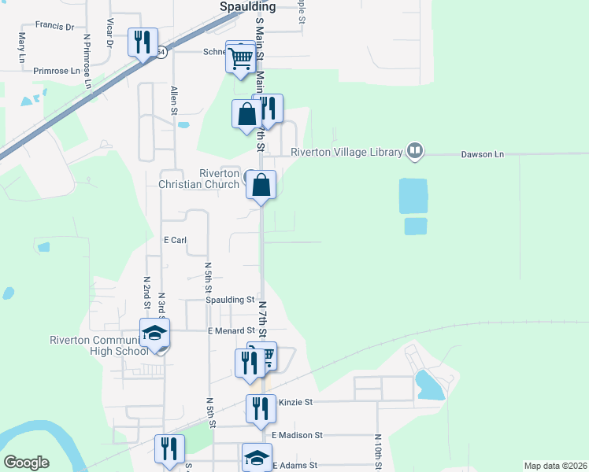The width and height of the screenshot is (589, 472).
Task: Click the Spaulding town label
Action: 246,6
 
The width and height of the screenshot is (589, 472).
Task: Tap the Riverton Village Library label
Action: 346,152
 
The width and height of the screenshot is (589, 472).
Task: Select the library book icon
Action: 415,151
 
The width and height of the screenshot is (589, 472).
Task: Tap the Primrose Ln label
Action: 57,70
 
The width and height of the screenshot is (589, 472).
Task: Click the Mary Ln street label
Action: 21,47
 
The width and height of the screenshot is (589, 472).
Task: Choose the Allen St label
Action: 172,101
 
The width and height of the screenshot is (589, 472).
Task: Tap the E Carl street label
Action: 174,240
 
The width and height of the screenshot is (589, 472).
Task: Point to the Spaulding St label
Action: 230,300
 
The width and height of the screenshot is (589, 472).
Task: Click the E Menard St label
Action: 232,331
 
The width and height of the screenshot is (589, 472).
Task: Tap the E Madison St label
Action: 297,434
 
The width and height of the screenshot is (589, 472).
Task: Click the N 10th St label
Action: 378,452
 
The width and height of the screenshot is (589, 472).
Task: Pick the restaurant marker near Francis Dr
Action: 143,42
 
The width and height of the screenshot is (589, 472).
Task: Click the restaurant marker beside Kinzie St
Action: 260,408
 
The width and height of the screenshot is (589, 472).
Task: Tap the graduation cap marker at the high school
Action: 155,333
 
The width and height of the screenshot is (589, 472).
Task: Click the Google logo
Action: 27,463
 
